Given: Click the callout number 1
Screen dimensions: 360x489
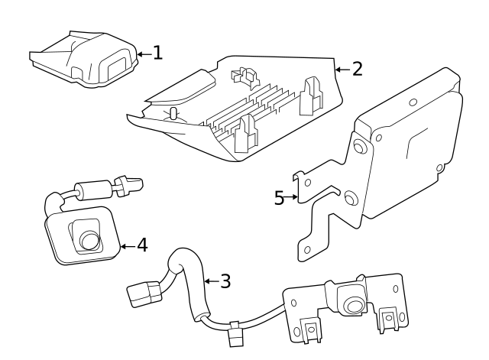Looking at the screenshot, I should (157, 53).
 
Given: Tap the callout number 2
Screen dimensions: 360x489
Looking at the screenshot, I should (356, 69).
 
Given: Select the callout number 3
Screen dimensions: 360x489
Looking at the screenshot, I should (225, 281).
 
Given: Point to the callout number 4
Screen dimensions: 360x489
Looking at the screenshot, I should (141, 246).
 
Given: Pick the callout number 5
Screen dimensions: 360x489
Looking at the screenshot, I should (280, 198).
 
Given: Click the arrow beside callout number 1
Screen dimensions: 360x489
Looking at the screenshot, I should (144, 53).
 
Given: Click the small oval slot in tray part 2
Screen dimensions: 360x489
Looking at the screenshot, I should (173, 114).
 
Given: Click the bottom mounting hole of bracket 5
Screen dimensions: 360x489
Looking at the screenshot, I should (307, 249).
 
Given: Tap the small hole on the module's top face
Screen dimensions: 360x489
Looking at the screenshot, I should (412, 102).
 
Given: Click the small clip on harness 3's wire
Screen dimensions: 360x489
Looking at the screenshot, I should (235, 333).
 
